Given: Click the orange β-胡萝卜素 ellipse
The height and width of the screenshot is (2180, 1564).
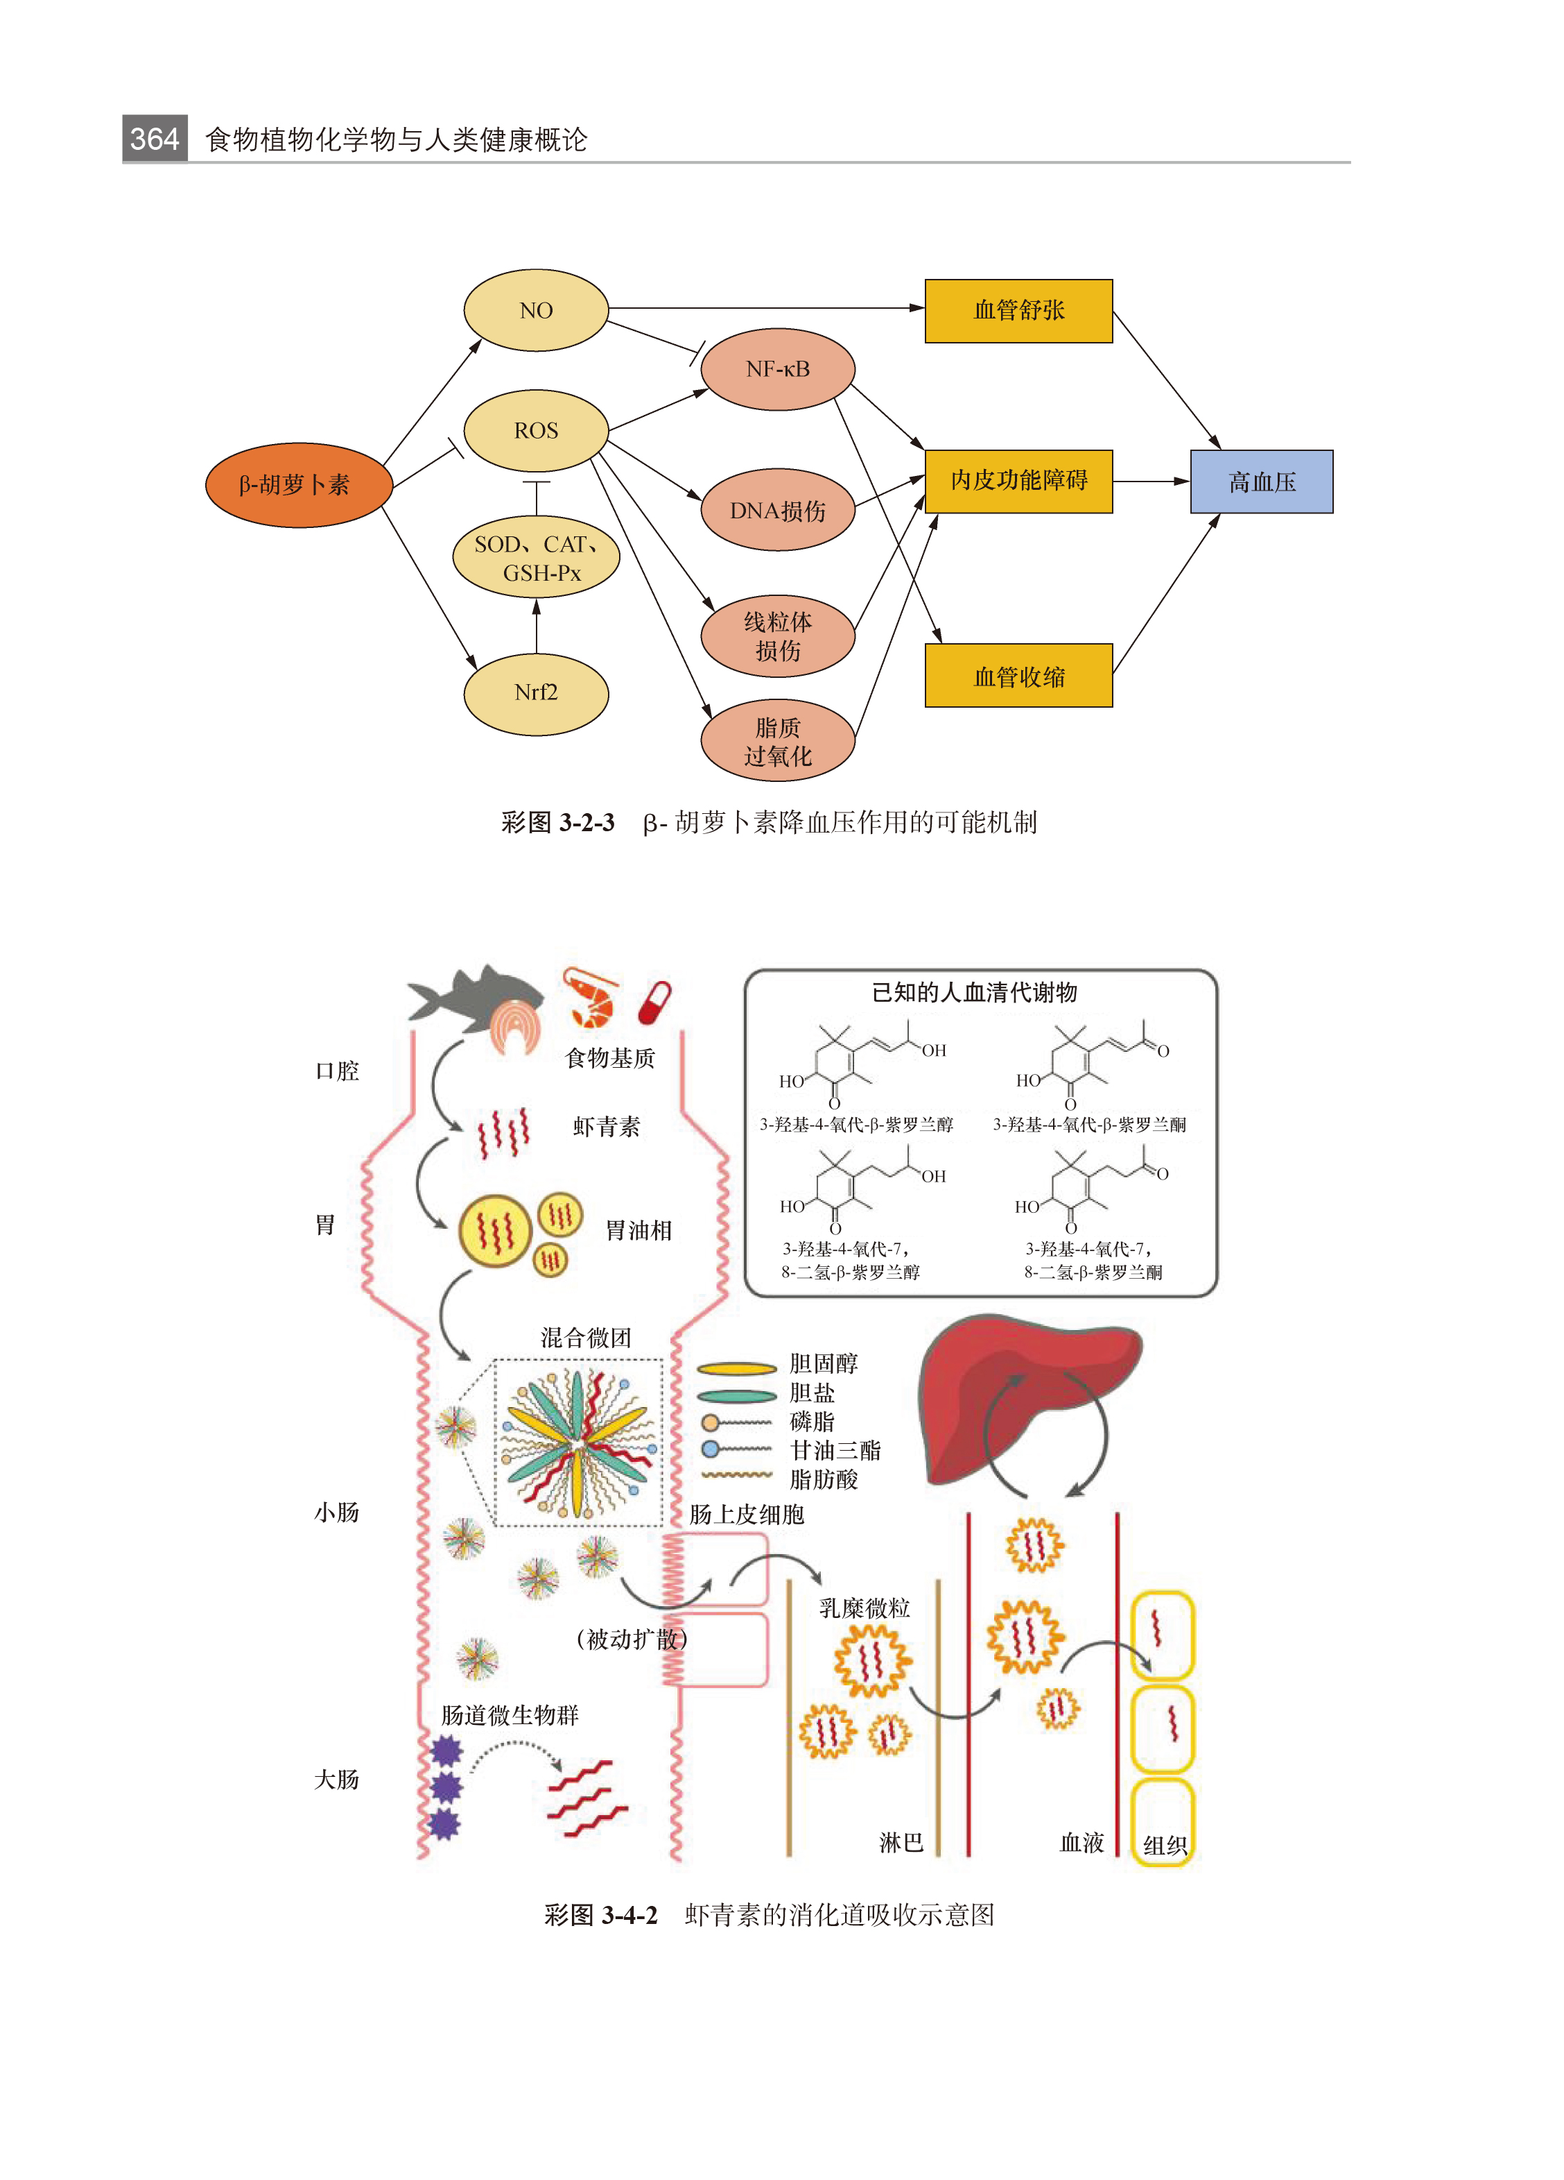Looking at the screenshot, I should [299, 484].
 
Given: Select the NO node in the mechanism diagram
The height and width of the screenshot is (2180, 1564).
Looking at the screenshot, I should [535, 310].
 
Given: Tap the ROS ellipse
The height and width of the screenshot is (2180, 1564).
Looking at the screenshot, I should [535, 431].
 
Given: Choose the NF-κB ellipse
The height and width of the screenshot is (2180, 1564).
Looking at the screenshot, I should [777, 369].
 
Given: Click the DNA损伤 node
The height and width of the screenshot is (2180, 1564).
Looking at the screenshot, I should [777, 511].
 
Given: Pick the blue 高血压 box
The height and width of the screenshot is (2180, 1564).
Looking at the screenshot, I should [1260, 482].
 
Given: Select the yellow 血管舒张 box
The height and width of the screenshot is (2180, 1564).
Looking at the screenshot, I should [1018, 310].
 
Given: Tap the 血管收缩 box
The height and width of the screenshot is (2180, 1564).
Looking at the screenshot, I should [1018, 676].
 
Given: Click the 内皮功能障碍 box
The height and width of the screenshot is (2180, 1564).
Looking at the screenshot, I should [1018, 481].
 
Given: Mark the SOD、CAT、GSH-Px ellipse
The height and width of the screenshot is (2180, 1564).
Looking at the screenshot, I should [536, 558].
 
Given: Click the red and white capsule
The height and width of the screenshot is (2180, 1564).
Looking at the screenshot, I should [654, 1003].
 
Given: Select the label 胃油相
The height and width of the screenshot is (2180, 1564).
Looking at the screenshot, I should [638, 1230].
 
